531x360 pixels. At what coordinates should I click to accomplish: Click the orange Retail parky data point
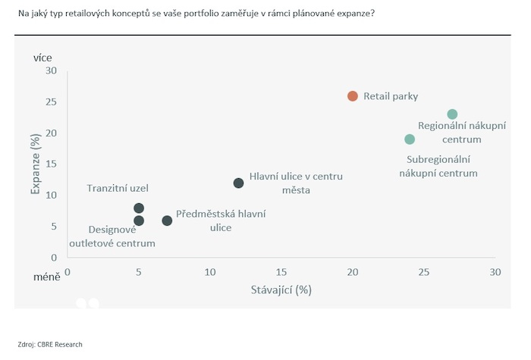(x=352, y=96)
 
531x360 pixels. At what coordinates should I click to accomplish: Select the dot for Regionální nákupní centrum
(x=452, y=114)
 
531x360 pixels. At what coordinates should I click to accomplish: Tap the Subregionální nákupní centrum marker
(x=410, y=139)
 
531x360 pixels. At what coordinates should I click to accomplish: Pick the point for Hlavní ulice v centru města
(x=238, y=183)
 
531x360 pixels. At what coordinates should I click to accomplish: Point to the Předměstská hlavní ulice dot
(x=167, y=221)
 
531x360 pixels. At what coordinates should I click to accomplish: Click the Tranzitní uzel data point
(x=139, y=208)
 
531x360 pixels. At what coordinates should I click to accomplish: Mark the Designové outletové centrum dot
(x=139, y=221)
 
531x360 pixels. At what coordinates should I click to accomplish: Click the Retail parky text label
(x=391, y=96)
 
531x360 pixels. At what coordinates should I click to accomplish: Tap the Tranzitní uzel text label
(x=118, y=188)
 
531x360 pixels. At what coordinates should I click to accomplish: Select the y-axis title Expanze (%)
(x=35, y=164)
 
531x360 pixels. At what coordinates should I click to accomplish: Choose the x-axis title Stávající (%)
(x=281, y=290)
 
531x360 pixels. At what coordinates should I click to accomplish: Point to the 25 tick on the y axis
(x=51, y=102)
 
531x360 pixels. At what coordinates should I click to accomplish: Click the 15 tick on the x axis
(x=281, y=272)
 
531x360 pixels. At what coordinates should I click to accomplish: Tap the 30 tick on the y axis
(x=51, y=70)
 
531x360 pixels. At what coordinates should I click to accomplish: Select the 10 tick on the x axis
(x=209, y=272)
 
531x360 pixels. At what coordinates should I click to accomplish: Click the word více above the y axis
(x=42, y=57)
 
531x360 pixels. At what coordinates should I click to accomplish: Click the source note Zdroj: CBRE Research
(x=50, y=344)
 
